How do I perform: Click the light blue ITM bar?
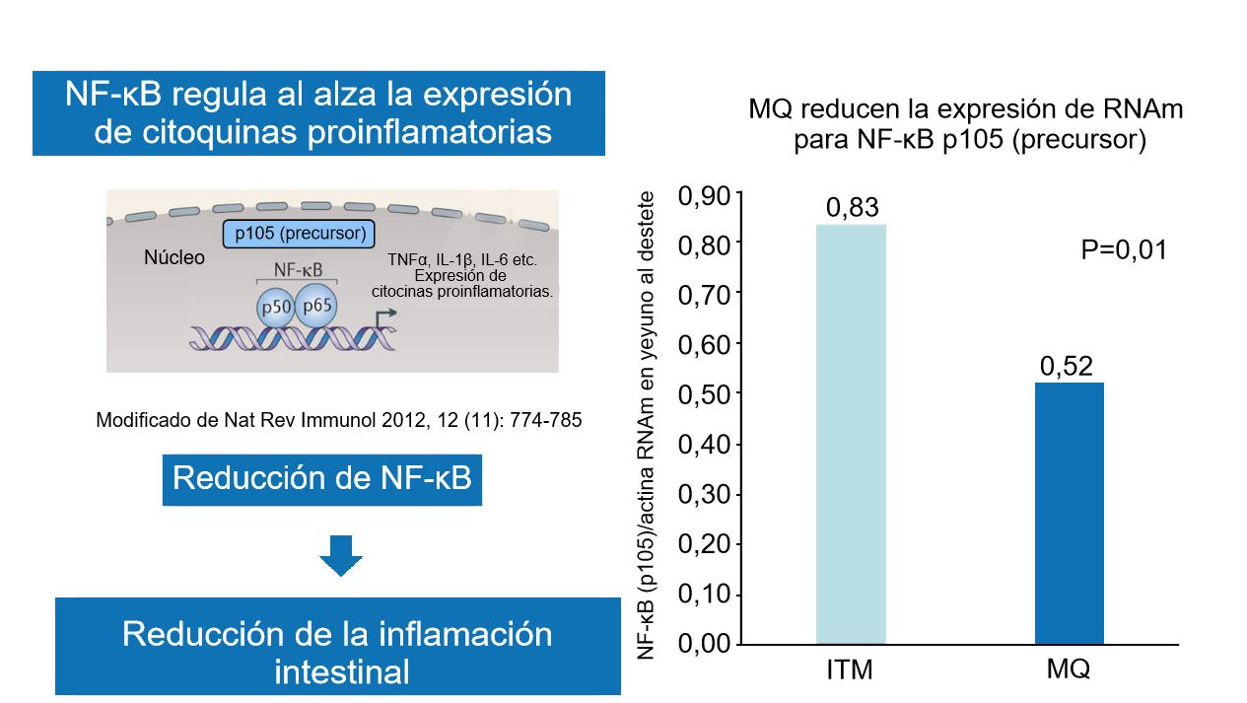click(851, 434)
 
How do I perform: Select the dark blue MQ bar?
click(1069, 513)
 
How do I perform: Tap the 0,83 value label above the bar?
click(852, 208)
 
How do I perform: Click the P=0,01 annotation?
click(1124, 250)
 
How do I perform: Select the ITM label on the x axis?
click(850, 671)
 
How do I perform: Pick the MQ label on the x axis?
click(1069, 669)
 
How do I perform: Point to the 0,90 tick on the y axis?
click(704, 195)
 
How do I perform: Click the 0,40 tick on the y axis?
click(704, 445)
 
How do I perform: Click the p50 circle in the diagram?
click(275, 308)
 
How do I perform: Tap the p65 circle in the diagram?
click(317, 305)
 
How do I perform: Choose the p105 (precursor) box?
click(298, 235)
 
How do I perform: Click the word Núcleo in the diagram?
click(174, 258)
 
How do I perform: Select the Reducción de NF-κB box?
click(321, 479)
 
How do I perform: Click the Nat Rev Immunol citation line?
click(339, 420)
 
